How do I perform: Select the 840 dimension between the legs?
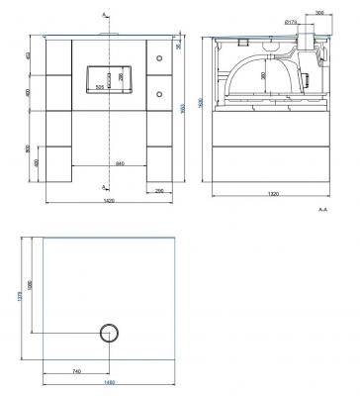pos(120,163)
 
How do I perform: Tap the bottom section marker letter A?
pos(105,185)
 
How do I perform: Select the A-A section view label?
pos(322,211)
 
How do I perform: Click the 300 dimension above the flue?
pos(318,14)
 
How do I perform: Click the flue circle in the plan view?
pos(106,332)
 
